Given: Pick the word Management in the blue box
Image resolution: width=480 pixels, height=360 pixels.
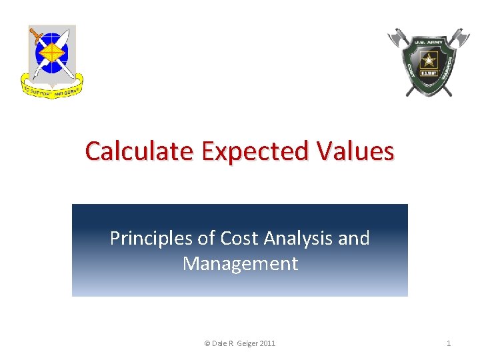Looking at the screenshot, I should [240, 263].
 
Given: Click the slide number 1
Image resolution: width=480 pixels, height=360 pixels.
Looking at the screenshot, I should [449, 343].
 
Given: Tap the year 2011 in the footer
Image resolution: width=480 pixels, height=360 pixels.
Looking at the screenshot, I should [267, 343].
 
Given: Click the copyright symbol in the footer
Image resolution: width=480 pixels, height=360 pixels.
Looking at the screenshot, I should [207, 343].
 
